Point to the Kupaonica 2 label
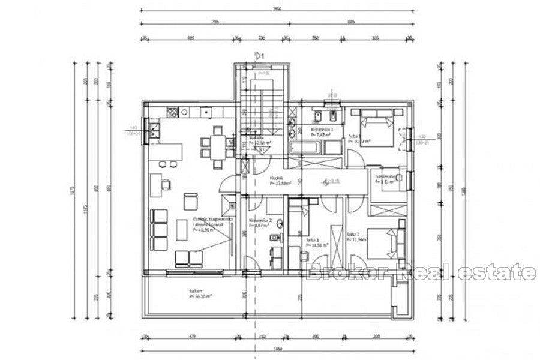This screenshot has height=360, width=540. (263, 221)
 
